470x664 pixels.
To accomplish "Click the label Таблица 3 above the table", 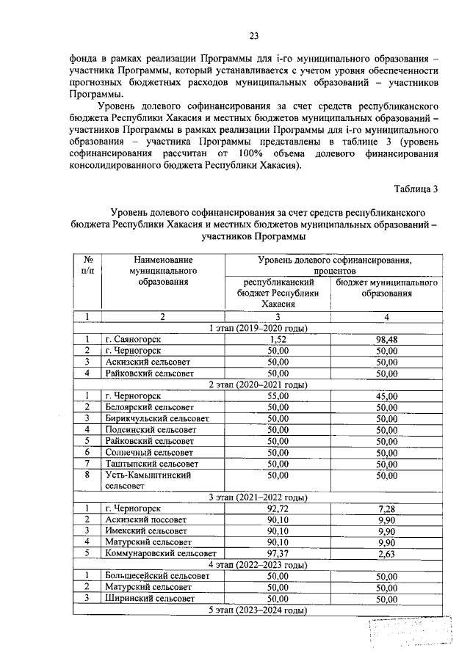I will click(416, 189).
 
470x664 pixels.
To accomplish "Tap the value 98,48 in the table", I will click(386, 339).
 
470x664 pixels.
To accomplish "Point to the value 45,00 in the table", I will click(386, 395).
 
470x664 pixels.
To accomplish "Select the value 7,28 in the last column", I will click(386, 508).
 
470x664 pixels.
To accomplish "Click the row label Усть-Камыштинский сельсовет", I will click(148, 480).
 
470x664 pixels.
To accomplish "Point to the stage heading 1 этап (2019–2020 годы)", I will click(258, 328).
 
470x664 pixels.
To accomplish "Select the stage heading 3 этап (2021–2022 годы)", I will click(258, 497).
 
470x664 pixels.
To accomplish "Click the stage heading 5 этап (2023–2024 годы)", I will click(258, 610).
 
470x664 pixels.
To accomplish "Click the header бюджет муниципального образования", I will click(386, 288).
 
